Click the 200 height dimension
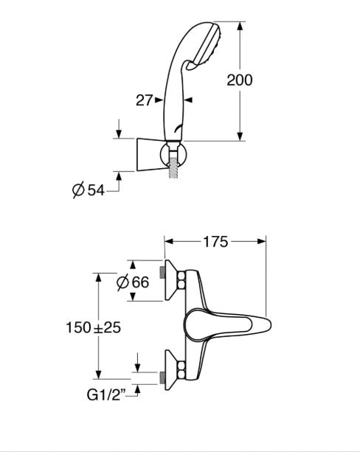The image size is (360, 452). coord(240,80)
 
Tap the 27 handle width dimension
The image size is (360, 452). coord(144,100)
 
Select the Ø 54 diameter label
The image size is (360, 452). coord(89,190)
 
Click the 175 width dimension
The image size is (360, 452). coord(215,242)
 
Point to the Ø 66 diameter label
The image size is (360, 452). coord(133,282)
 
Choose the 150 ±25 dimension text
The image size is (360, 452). coord(94,327)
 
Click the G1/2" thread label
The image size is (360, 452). coord(106,395)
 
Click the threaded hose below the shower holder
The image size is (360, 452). coord(173,168)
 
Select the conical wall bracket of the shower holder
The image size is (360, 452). coord(149,155)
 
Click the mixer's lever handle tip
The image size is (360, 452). coord(266,325)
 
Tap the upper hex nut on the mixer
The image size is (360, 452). coord(181,280)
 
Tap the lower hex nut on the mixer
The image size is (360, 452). coord(181,370)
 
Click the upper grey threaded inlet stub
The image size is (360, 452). coord(162,272)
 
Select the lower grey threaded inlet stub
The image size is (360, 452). coord(162,378)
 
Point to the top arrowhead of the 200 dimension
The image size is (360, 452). coord(240,27)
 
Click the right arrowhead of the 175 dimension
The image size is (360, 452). coord(260,242)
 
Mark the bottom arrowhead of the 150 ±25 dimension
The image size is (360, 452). coord(98,374)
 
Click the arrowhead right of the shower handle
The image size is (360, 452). coord(188,100)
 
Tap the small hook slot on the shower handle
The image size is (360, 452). coord(178,129)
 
